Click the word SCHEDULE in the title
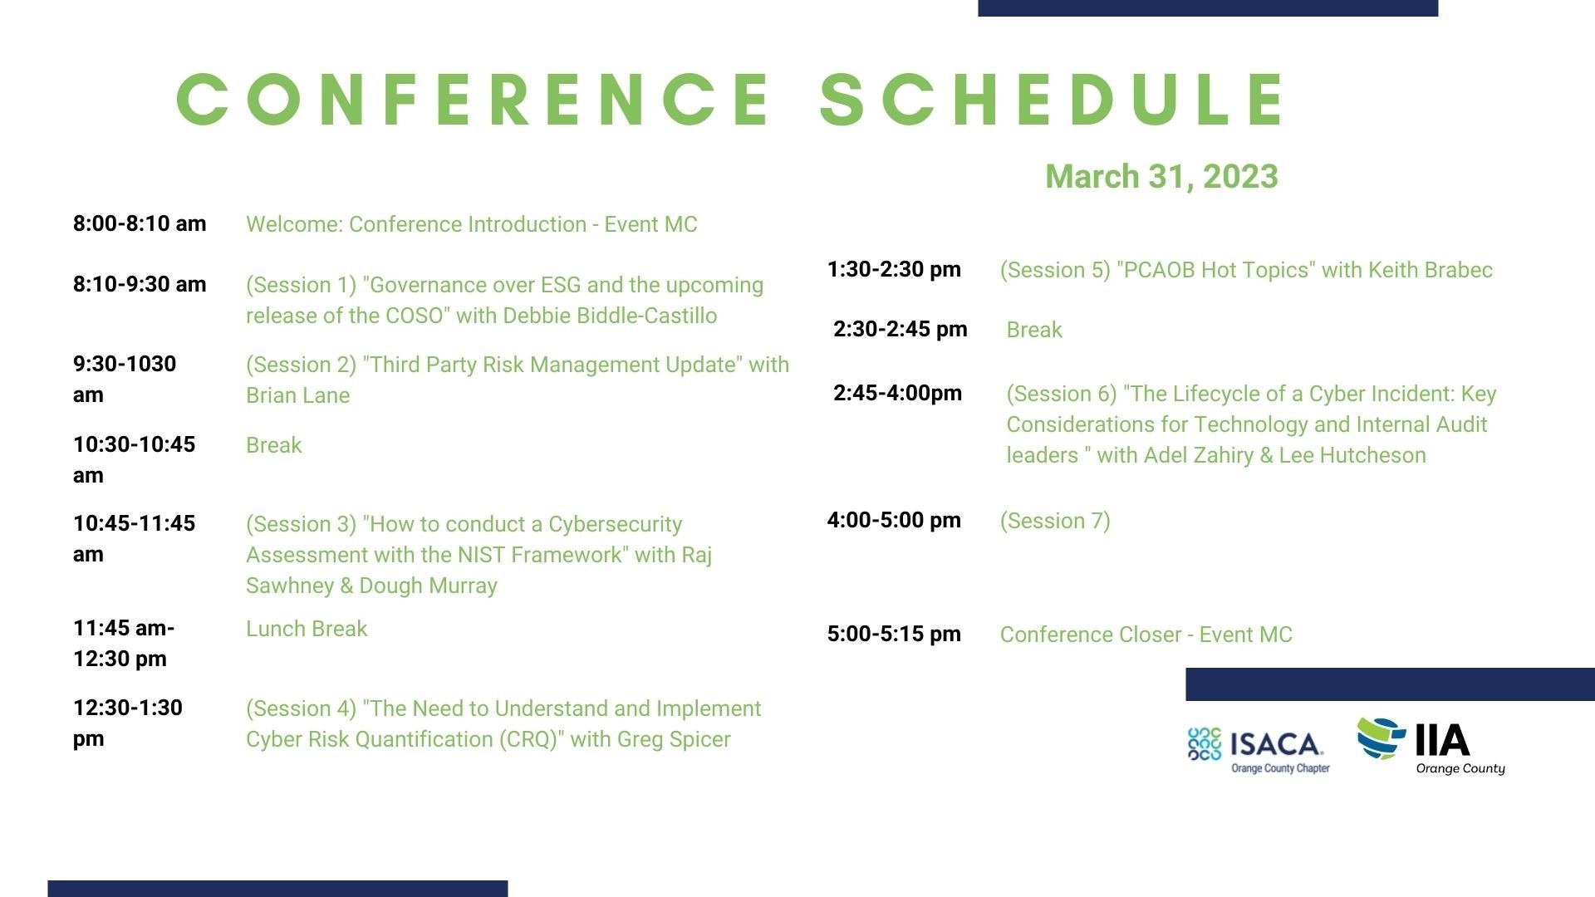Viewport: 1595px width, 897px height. coord(1053,100)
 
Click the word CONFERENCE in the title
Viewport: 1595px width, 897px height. coord(474,100)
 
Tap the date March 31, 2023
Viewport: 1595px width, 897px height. coord(1161,176)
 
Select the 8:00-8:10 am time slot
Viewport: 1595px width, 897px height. coord(140,223)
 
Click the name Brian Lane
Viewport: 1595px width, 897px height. coord(297,395)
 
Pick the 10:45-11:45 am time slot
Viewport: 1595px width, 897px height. coord(134,538)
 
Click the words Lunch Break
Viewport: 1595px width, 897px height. coord(307,629)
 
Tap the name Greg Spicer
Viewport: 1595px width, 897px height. coord(674,739)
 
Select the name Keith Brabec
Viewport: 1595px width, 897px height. coord(1431,270)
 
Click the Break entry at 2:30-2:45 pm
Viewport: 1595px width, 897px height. coord(1034,330)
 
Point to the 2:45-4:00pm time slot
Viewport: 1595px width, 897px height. coord(898,393)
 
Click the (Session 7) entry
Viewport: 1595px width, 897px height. coord(1055,521)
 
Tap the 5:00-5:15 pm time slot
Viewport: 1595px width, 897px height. coord(894,634)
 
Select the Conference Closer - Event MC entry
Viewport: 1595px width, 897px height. coord(1146,635)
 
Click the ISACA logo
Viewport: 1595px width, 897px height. coord(1259,750)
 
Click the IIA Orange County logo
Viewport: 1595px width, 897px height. coord(1431,746)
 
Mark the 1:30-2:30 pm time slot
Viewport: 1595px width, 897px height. coord(894,269)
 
